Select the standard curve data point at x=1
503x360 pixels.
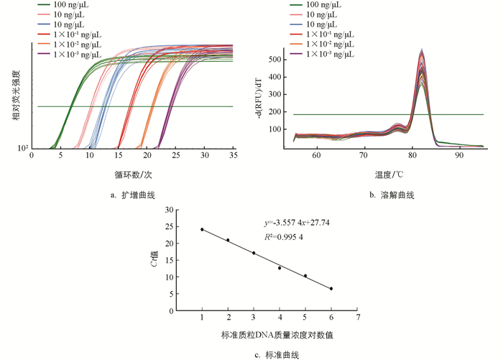[202, 230]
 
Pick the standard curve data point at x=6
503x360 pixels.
[331, 289]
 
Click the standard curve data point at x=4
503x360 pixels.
[280, 268]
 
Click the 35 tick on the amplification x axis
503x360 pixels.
[233, 155]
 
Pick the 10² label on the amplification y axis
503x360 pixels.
[23, 148]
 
